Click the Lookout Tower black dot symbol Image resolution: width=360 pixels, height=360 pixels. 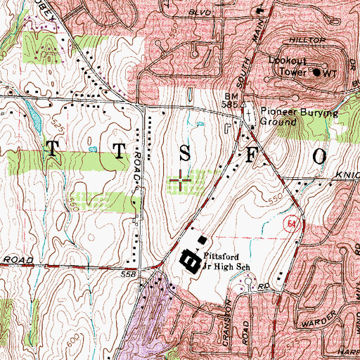point(316,72)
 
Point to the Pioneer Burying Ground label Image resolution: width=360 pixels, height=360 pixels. point(299,117)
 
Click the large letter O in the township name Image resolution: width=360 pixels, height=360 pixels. point(318,155)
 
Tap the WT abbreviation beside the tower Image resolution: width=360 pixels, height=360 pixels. point(331,72)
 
